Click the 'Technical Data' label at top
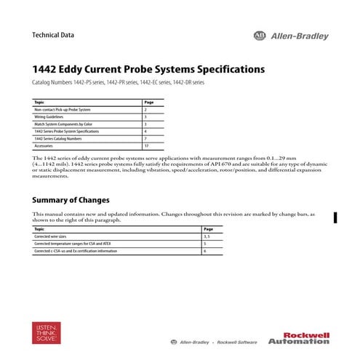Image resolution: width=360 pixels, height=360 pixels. tap(53, 35)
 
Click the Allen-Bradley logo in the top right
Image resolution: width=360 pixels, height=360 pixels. tap(290, 36)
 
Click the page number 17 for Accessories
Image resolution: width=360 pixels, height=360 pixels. tap(146, 145)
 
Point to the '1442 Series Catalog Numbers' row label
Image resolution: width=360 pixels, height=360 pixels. tap(57, 138)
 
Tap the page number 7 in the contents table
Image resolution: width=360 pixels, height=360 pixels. tap(145, 138)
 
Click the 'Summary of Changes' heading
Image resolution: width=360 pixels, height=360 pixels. tap(71, 199)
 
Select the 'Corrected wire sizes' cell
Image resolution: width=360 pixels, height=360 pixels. tap(50, 236)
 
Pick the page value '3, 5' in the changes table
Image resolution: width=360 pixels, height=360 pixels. tap(207, 236)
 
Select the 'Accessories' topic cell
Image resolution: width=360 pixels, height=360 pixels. tap(43, 145)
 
